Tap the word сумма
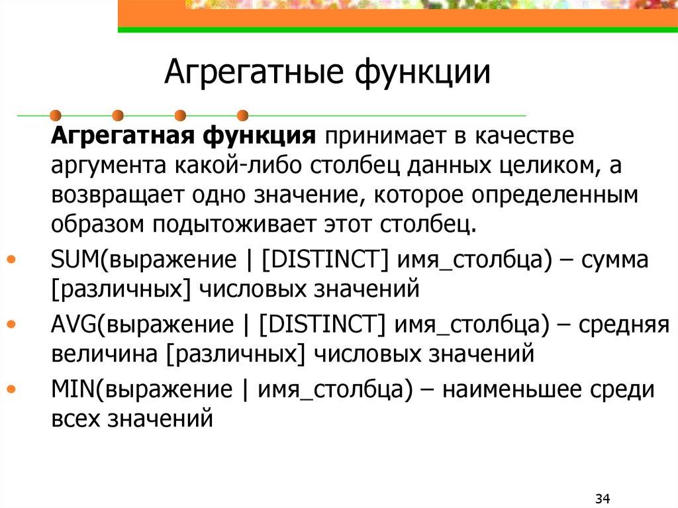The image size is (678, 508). [x=615, y=260]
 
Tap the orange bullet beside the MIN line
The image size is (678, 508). [x=13, y=389]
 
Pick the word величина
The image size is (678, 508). [x=102, y=354]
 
